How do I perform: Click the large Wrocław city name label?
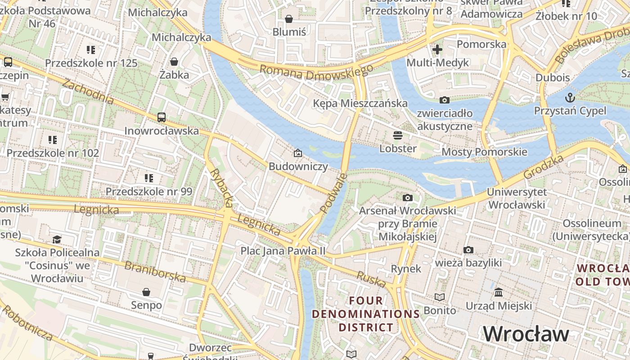(526, 334)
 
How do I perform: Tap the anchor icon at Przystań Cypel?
(570, 97)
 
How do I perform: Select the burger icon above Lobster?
(397, 135)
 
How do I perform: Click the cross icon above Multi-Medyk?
(437, 49)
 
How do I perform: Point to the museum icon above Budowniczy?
(297, 153)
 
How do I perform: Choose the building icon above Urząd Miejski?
(499, 292)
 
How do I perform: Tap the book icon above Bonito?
(440, 297)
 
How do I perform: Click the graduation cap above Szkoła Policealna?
(57, 239)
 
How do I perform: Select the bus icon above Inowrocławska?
(162, 117)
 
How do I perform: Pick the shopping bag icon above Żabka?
(174, 61)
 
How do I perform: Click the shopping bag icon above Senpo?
(146, 292)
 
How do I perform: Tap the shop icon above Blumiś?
(289, 19)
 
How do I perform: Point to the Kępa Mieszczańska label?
(360, 103)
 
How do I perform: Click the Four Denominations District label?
(366, 314)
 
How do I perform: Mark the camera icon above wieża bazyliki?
(468, 250)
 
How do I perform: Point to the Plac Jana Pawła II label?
(283, 251)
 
